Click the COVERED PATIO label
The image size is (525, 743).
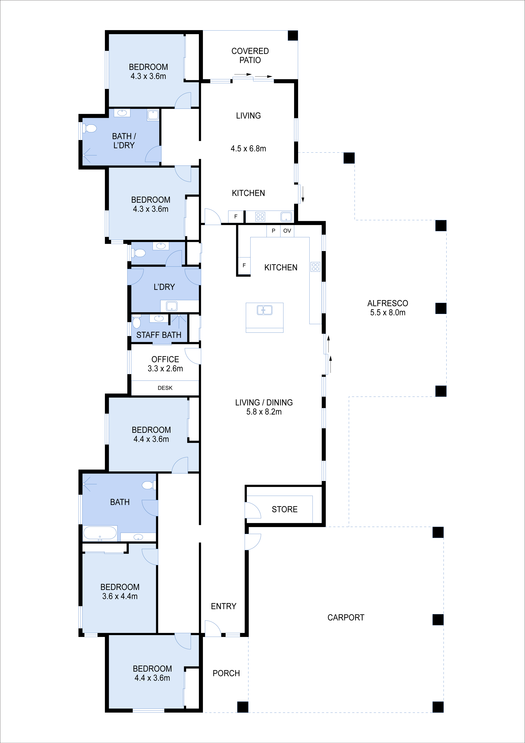(x=250, y=55)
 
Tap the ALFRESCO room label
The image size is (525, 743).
(x=388, y=303)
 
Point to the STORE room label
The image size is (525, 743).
(x=284, y=509)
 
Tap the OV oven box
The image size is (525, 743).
(x=287, y=231)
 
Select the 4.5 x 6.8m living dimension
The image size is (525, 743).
(x=248, y=148)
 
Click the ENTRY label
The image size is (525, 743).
(x=223, y=606)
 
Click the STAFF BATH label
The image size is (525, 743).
(x=159, y=335)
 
